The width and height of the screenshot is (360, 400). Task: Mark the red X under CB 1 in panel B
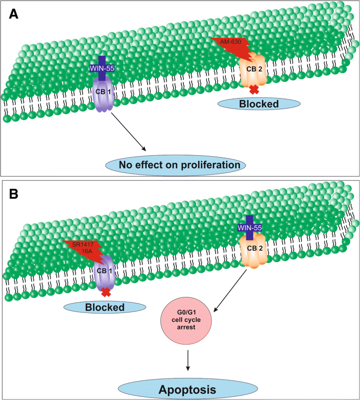(x=106, y=292)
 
